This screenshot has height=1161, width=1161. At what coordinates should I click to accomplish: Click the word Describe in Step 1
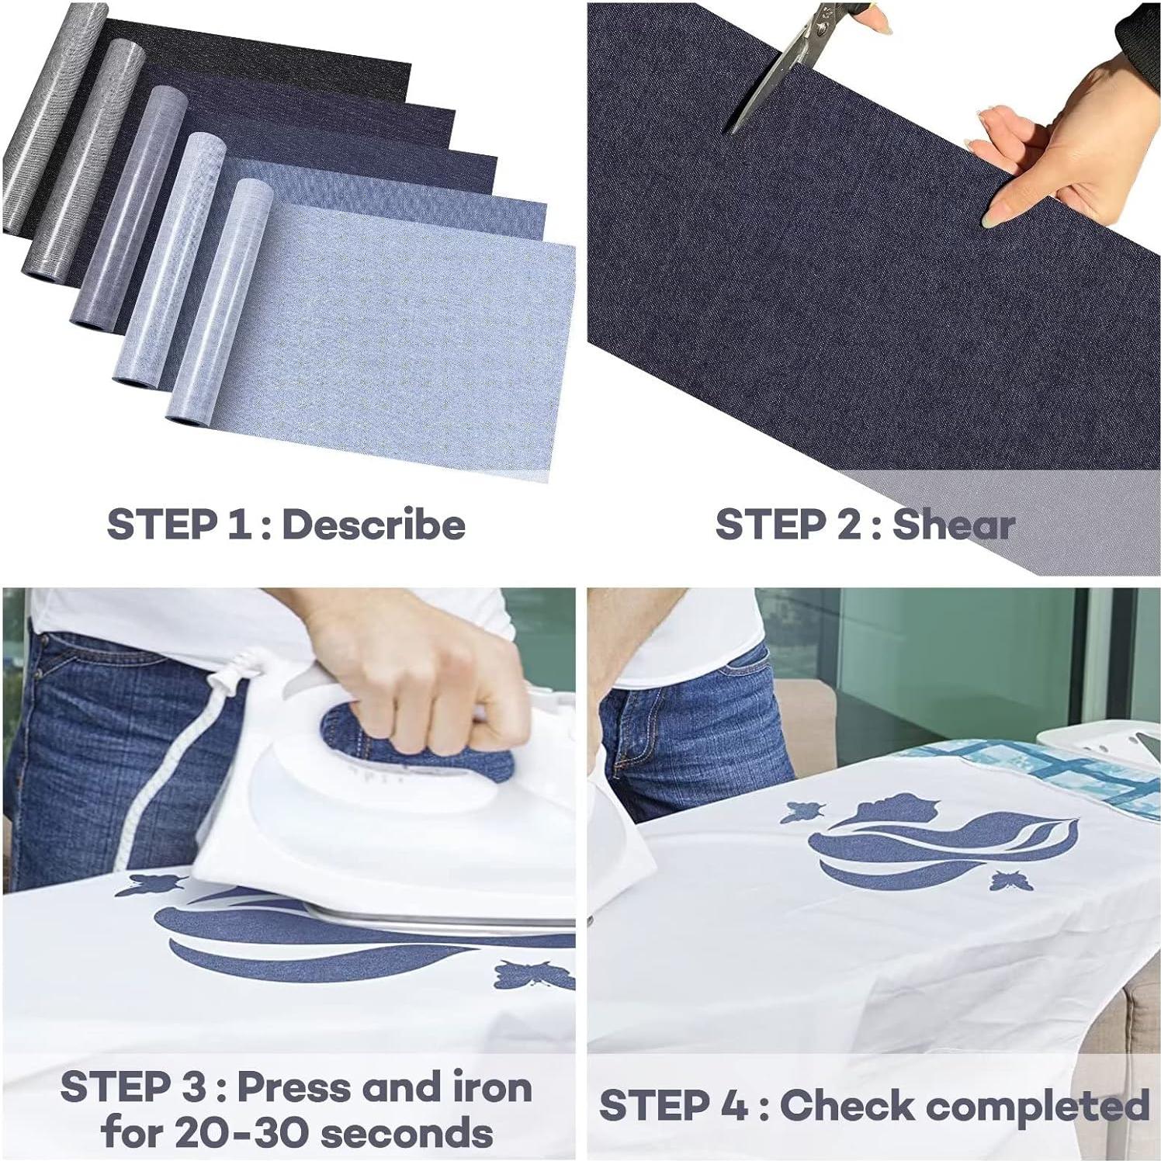click(373, 525)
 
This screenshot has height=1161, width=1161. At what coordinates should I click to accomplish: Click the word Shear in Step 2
click(953, 525)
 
